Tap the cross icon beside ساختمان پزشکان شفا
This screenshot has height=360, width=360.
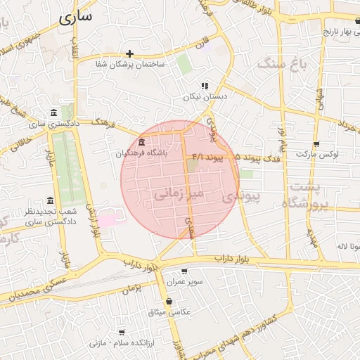[x=129, y=53]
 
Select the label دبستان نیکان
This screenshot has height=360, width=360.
[x=202, y=97]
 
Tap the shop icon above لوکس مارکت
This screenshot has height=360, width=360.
[x=317, y=143]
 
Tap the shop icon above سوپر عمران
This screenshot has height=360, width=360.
[x=184, y=271]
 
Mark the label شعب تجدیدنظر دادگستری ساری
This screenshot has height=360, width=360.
[x=49, y=217]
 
